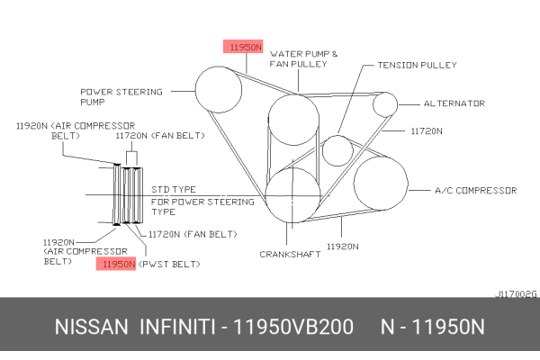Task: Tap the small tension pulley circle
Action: click(x=337, y=149)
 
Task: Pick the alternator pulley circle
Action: click(x=385, y=103)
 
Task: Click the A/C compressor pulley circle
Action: click(x=382, y=183)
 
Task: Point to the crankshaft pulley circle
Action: click(x=293, y=193)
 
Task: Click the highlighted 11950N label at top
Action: click(x=244, y=47)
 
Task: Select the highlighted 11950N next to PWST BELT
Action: click(x=117, y=265)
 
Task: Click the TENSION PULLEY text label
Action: click(x=417, y=65)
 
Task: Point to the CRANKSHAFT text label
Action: click(x=291, y=255)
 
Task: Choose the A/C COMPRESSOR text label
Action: click(x=475, y=191)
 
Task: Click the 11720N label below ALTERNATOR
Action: click(x=427, y=131)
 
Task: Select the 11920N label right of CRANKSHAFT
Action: click(x=343, y=245)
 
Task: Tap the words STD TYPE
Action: click(x=173, y=190)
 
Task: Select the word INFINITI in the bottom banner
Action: click(x=177, y=328)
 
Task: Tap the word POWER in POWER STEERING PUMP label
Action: click(x=96, y=91)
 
